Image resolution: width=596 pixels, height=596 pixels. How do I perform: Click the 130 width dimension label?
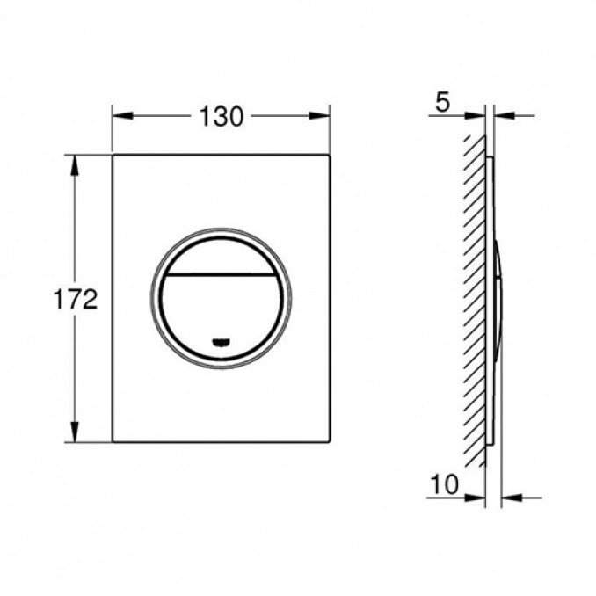tap(222, 116)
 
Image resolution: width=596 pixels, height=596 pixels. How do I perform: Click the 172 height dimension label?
tap(76, 299)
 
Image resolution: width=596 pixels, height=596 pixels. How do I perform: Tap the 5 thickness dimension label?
tap(442, 102)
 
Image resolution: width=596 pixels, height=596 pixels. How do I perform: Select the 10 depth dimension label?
tap(444, 484)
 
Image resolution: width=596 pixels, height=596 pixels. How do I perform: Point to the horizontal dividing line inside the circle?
tap(222, 273)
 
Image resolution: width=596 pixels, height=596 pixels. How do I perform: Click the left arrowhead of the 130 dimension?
tap(122, 115)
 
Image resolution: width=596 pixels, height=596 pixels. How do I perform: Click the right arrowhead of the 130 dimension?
tap(319, 115)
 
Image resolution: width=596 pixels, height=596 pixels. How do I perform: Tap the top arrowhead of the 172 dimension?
tap(75, 165)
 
